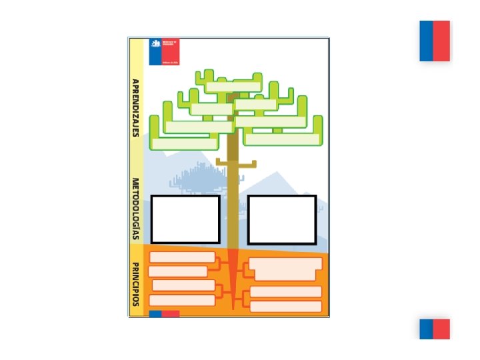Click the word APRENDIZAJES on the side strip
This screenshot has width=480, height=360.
point(135,107)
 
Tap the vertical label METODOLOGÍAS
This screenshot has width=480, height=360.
point(135,208)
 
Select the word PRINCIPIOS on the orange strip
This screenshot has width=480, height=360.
point(135,283)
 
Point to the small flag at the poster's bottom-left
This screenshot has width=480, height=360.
point(164,313)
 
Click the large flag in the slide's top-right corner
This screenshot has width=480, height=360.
point(435,41)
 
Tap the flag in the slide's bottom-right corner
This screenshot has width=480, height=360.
point(435,329)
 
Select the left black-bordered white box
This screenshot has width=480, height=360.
point(185,219)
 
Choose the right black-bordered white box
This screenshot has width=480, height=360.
point(281,219)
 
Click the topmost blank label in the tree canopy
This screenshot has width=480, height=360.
point(233,87)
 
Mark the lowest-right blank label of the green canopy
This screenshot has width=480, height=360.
point(282,139)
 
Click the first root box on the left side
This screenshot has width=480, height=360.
point(182,257)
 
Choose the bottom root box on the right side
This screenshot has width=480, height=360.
point(285,307)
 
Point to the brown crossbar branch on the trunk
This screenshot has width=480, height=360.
point(236,163)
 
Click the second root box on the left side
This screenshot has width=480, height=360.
point(178,271)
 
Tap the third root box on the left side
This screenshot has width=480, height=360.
point(183,285)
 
